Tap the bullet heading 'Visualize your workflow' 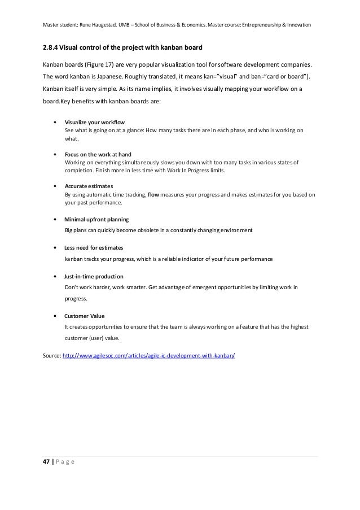click(x=95, y=122)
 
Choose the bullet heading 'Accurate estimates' click(x=89, y=186)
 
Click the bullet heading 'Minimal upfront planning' click(x=96, y=219)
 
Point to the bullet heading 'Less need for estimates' click(x=94, y=247)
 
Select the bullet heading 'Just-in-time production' click(x=94, y=276)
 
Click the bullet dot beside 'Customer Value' click(x=54, y=316)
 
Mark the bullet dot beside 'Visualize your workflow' click(x=54, y=122)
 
